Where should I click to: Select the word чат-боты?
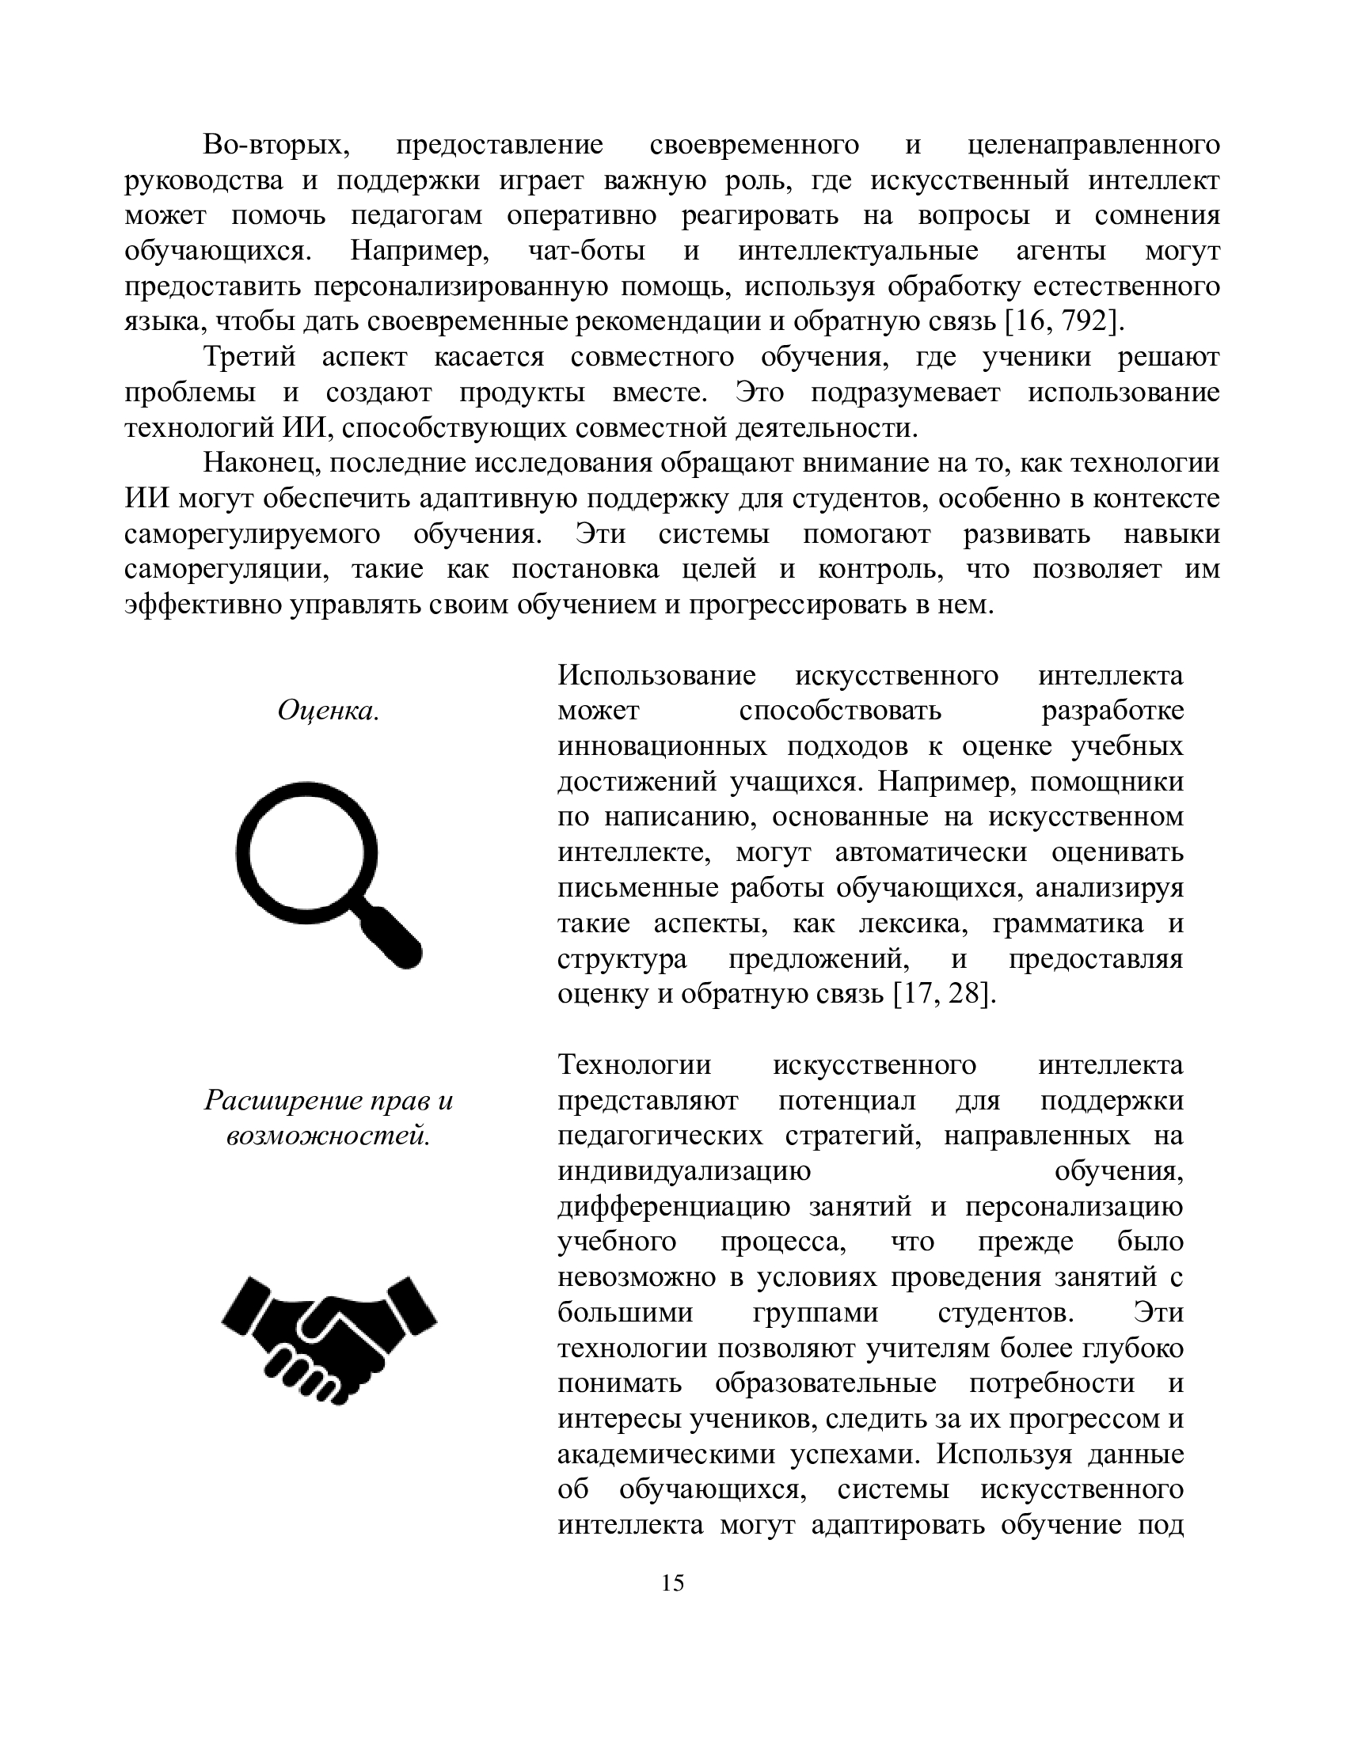586,252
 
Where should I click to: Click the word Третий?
249,358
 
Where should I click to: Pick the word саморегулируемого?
252,534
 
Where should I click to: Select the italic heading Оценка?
328,711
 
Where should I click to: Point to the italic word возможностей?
328,1136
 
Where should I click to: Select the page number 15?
673,1583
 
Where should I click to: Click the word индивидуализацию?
683,1172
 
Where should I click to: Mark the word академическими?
666,1455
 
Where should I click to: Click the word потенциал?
846,1101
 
